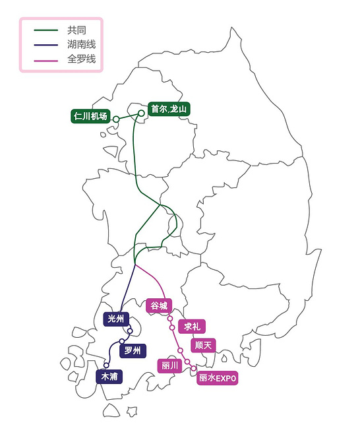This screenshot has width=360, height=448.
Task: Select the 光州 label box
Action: [x=115, y=319]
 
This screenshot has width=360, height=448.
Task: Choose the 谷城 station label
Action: [x=159, y=305]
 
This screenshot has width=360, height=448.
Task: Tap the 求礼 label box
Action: [x=192, y=327]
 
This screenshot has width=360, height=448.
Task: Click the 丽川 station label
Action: [x=171, y=365]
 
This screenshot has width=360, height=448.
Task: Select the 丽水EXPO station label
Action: [x=217, y=379]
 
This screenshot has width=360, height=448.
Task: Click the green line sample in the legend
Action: [x=46, y=30]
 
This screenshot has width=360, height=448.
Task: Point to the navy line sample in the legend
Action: [x=46, y=45]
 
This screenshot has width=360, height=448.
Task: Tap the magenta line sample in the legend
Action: [x=46, y=59]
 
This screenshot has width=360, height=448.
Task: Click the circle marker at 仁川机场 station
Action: [x=116, y=119]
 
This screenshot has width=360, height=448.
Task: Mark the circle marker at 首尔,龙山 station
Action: [x=141, y=113]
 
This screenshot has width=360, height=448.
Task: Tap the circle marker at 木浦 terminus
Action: [x=106, y=365]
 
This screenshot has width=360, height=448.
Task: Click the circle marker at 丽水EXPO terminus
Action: [x=194, y=368]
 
